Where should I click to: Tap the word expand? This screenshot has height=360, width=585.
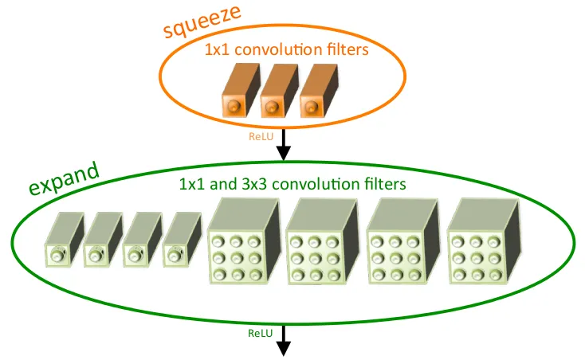click(x=65, y=178)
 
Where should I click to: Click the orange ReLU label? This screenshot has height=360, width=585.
click(x=261, y=136)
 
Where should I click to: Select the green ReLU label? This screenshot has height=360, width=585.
click(x=260, y=333)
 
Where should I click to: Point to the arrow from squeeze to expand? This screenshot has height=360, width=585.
click(x=284, y=145)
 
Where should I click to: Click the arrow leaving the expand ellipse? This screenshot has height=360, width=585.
click(x=284, y=341)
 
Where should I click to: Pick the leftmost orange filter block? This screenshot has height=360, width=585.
click(x=241, y=90)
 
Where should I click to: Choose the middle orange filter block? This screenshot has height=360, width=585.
click(x=280, y=91)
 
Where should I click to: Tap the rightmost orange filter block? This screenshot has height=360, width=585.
click(x=319, y=91)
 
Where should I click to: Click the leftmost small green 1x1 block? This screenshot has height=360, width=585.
click(x=65, y=240)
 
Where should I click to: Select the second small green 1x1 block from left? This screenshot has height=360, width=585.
click(x=103, y=240)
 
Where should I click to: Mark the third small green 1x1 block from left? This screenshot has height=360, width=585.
click(x=142, y=240)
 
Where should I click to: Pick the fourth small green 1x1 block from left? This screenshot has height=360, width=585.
click(x=182, y=240)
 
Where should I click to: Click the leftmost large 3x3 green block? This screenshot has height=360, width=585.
click(x=244, y=241)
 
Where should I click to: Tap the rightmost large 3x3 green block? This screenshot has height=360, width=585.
click(x=484, y=241)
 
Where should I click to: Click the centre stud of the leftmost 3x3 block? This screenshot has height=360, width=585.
click(x=236, y=258)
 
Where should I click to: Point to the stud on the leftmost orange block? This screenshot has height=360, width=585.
click(x=234, y=106)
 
